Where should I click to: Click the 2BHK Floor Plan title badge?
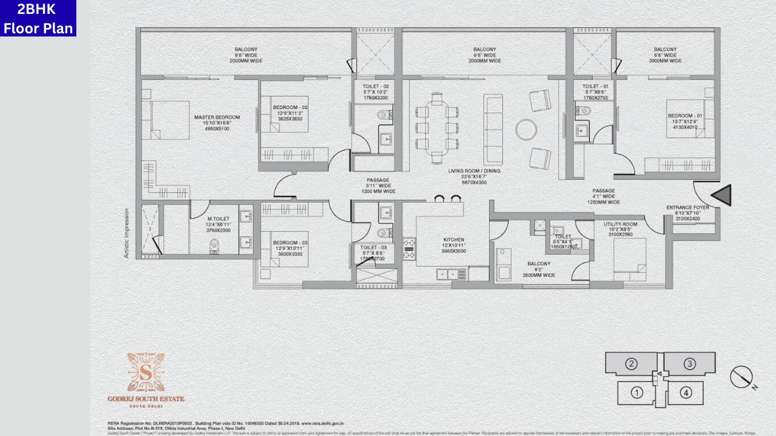[38, 18]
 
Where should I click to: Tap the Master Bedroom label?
[216, 117]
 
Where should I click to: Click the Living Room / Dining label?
[475, 171]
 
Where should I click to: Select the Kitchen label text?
[453, 240]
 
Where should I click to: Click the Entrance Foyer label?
[687, 207]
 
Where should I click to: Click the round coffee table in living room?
[526, 129]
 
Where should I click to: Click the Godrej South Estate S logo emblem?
[145, 372]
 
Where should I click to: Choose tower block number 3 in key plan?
[689, 364]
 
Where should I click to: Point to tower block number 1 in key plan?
[637, 392]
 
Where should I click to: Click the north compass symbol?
[741, 377]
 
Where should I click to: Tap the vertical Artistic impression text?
[127, 233]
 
